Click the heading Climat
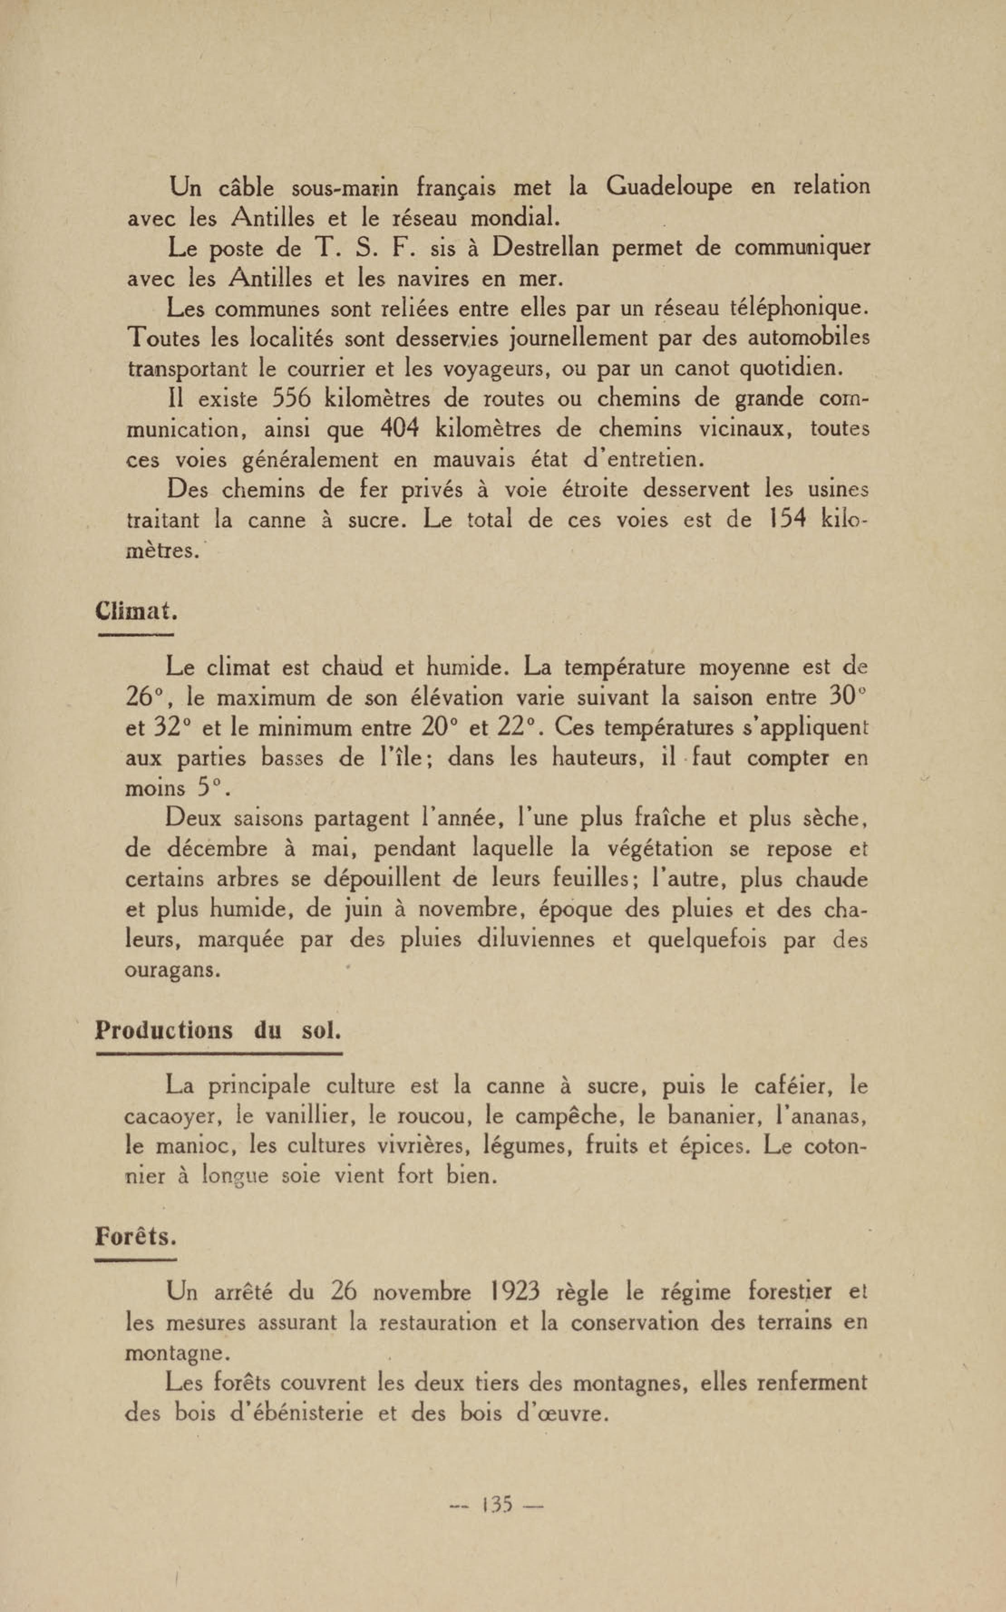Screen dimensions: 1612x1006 point(136,610)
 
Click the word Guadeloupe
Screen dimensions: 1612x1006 point(669,187)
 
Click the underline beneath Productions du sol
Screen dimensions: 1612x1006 point(219,1054)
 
